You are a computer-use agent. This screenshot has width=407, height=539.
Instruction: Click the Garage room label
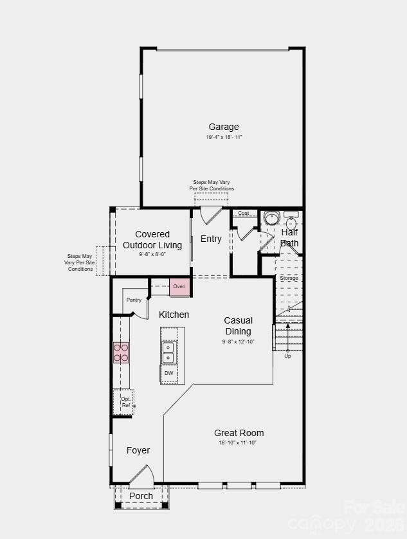223,127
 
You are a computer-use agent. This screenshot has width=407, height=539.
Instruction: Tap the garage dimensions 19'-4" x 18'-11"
224,137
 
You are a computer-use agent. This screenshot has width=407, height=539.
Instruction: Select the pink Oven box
179,286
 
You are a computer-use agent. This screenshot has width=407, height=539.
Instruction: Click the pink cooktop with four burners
121,352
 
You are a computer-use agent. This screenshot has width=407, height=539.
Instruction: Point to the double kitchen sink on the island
168,352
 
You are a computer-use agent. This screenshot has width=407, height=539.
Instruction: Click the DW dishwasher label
168,373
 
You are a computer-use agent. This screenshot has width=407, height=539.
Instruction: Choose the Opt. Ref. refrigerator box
125,402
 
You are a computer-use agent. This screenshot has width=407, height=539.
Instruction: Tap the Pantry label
134,300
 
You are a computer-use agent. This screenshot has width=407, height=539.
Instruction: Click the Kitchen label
174,315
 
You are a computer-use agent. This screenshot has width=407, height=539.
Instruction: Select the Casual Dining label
238,325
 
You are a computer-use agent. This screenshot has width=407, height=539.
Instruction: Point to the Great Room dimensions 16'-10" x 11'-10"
238,443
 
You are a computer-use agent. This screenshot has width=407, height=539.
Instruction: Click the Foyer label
138,450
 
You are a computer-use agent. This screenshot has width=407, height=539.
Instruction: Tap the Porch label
141,496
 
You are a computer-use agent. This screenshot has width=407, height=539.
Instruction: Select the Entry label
211,239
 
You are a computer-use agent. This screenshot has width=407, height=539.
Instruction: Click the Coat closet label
244,213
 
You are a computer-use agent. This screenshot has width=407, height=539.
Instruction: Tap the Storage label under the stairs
289,278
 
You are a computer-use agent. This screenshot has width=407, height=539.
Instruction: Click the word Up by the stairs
287,356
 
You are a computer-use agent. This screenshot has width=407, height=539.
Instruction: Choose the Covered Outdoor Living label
152,239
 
